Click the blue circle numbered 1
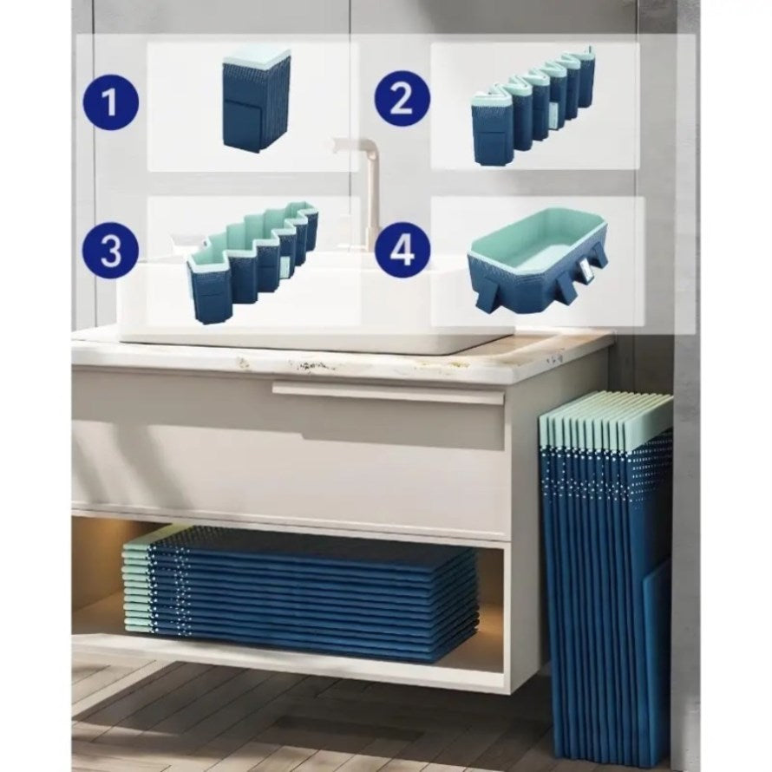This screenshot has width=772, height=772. [110, 103]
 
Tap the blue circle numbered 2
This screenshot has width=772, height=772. [402, 100]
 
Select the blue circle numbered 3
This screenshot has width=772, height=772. [110, 250]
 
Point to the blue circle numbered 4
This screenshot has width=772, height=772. [402, 250]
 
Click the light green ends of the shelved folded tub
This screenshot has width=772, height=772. [137, 588]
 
